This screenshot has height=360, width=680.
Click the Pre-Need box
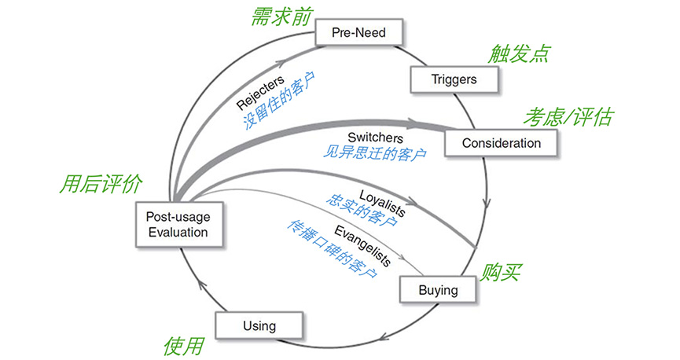tap(358, 34)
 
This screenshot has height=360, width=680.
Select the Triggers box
tap(454, 79)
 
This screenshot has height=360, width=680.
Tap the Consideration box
tap(501, 143)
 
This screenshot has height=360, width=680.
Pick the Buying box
tap(438, 290)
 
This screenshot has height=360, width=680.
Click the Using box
tap(259, 325)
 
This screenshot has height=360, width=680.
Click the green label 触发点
tap(518, 53)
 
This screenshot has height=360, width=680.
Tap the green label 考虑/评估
tap(568, 117)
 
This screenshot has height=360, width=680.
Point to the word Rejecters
tap(259, 92)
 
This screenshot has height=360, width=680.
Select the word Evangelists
tap(362, 241)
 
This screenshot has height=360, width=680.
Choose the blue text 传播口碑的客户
tap(330, 247)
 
